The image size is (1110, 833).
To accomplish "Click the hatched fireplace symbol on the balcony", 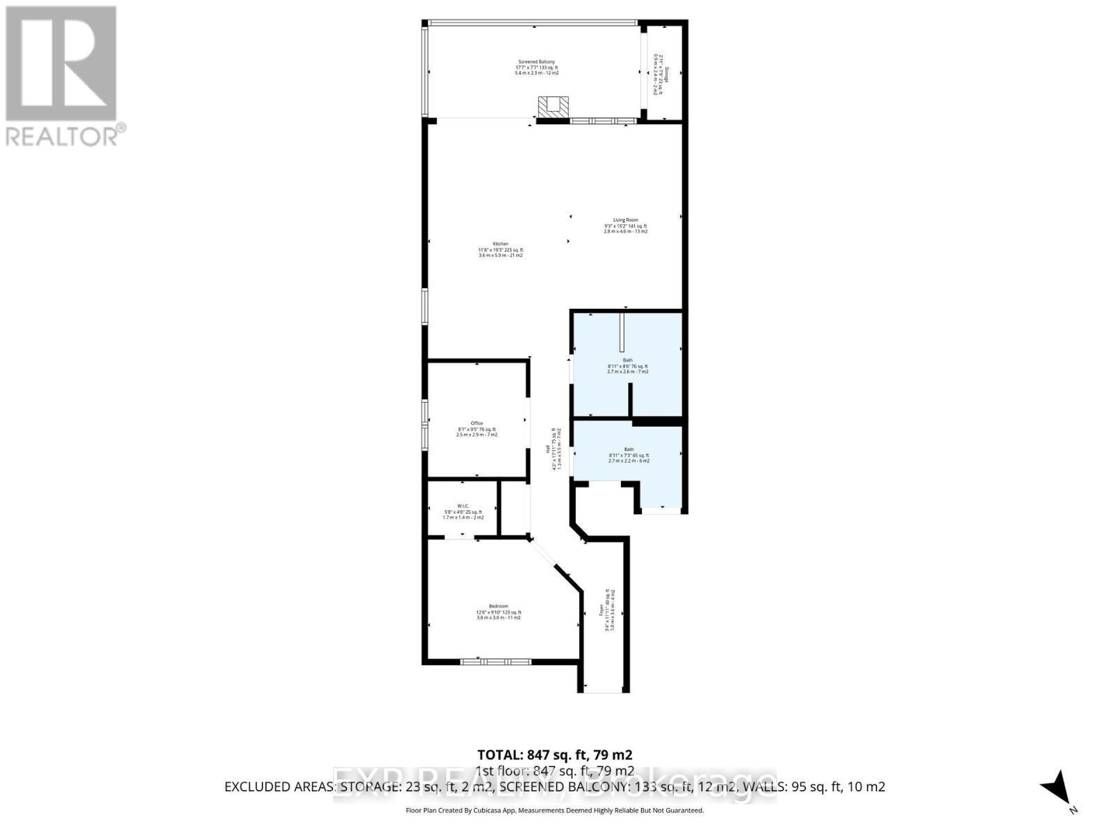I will point(553,106).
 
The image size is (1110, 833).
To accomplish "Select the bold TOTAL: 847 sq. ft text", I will point(554,755).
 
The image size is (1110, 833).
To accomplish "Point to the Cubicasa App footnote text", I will point(554,810).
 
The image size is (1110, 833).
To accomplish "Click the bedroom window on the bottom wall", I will point(495,662).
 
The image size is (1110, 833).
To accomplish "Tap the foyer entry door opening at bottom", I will point(603,691).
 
